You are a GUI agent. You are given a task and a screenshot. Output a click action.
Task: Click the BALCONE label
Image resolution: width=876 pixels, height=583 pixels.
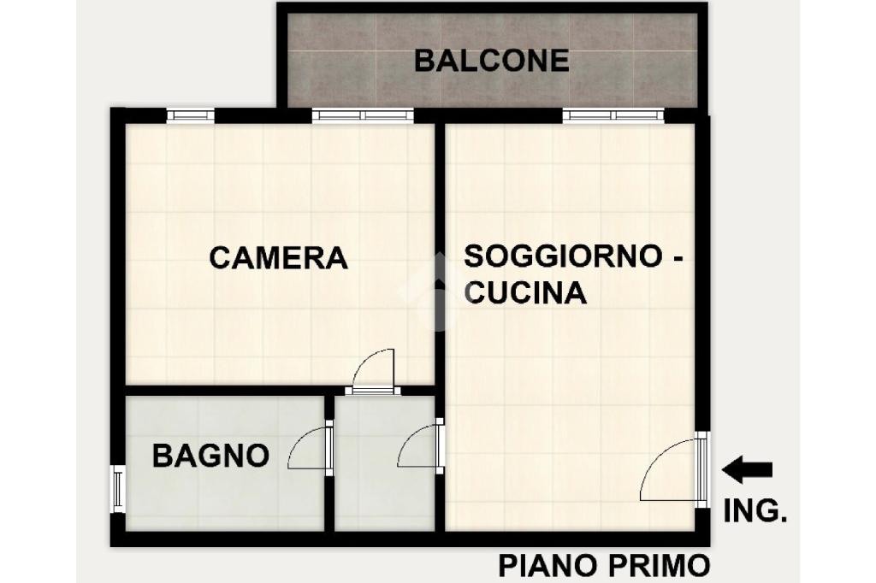pyautogui.click(x=491, y=61)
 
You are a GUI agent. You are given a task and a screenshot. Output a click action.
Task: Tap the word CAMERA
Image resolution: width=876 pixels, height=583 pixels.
pyautogui.click(x=278, y=258)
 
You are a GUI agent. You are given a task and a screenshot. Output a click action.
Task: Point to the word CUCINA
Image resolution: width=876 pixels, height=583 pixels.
pyautogui.click(x=526, y=292)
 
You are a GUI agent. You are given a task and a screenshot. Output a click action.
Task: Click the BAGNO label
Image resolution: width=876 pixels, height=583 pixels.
pyautogui.click(x=210, y=456)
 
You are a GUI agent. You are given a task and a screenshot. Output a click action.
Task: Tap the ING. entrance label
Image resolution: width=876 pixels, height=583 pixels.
pyautogui.click(x=755, y=510)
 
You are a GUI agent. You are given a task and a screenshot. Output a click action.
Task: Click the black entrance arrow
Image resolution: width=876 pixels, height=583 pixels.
pyautogui.click(x=748, y=469)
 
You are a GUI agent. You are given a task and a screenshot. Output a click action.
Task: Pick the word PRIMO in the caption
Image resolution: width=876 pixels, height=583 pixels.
pyautogui.click(x=658, y=566)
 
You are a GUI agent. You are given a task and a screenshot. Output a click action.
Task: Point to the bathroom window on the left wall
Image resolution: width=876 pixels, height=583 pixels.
pyautogui.click(x=118, y=489)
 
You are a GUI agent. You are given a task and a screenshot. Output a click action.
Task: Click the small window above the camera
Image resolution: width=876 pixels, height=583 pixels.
pyautogui.click(x=191, y=115)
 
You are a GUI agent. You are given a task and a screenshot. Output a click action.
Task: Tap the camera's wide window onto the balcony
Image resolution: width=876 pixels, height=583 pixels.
pyautogui.click(x=363, y=115)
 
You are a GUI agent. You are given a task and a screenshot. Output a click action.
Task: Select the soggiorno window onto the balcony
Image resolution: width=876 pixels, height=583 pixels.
pyautogui.click(x=613, y=115)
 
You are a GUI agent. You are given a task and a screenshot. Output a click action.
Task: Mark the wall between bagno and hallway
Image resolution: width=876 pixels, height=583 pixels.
pyautogui.click(x=329, y=463)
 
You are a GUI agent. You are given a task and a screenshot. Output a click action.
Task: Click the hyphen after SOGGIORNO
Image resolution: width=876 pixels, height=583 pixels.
pyautogui.click(x=676, y=258)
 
